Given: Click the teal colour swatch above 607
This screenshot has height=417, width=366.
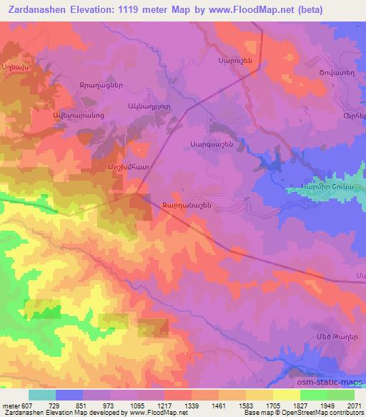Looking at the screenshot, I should tap(42, 395).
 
